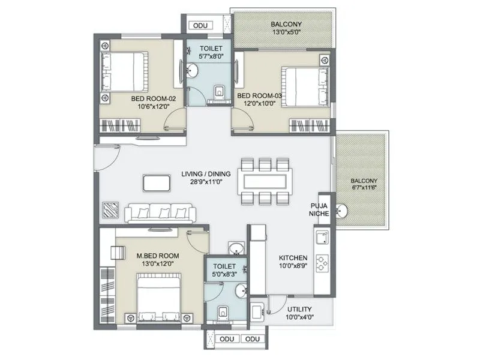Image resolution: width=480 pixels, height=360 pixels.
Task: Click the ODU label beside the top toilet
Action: click(x=198, y=26)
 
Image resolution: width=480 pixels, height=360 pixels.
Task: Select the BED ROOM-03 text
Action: click(x=259, y=95)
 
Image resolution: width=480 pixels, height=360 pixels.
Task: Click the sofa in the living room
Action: click(x=159, y=211)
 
